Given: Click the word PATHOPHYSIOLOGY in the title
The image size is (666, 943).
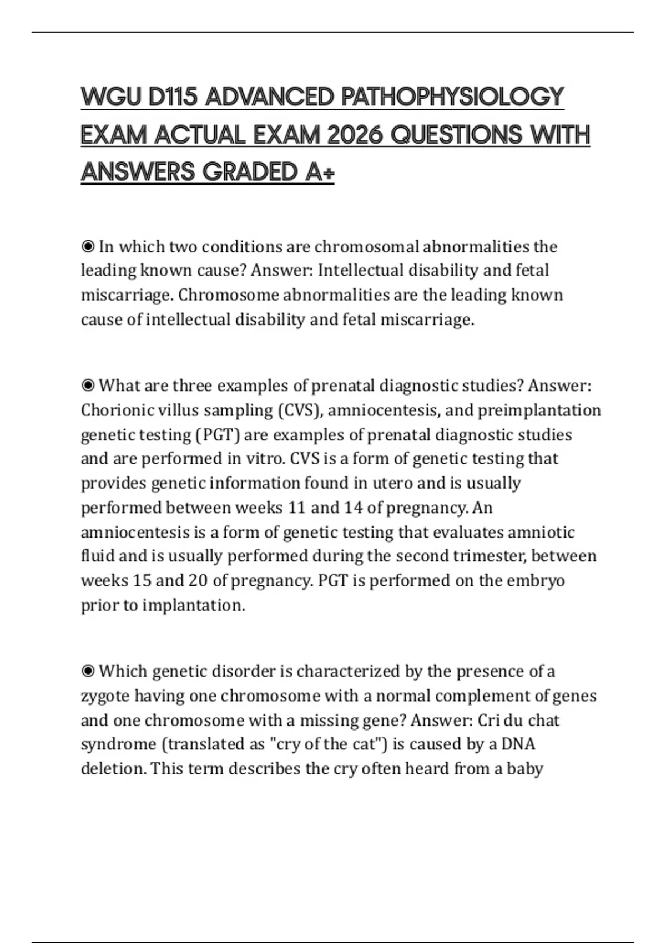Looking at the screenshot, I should coord(452,98).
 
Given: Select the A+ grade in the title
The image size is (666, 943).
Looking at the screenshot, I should coord(320,172).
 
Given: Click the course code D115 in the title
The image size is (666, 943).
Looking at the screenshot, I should coord(173,98).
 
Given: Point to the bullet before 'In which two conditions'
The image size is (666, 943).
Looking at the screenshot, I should coord(88,246).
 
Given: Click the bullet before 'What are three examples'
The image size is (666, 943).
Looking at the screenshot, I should coord(88,385).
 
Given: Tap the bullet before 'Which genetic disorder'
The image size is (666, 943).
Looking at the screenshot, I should coord(88,671).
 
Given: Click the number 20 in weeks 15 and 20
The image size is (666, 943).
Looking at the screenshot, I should coord(198,580).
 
